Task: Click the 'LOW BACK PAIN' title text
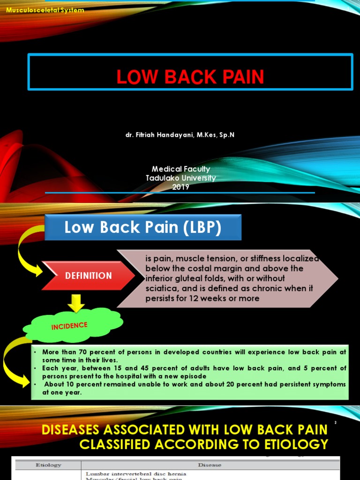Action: pyautogui.click(x=190, y=77)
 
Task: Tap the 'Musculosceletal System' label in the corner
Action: pyautogui.click(x=43, y=10)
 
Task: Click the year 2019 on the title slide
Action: pyautogui.click(x=180, y=187)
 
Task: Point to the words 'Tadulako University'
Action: pyautogui.click(x=180, y=178)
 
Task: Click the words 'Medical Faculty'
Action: pyautogui.click(x=180, y=169)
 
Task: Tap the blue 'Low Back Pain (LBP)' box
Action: pyautogui.click(x=142, y=227)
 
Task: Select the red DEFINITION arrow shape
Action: pyautogui.click(x=88, y=276)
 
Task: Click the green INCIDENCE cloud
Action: pyautogui.click(x=70, y=325)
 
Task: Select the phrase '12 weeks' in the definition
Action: pyautogui.click(x=210, y=298)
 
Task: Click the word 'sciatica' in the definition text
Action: pyautogui.click(x=160, y=288)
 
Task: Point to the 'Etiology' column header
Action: pyautogui.click(x=48, y=465)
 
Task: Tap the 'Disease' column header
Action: pyautogui.click(x=210, y=465)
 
